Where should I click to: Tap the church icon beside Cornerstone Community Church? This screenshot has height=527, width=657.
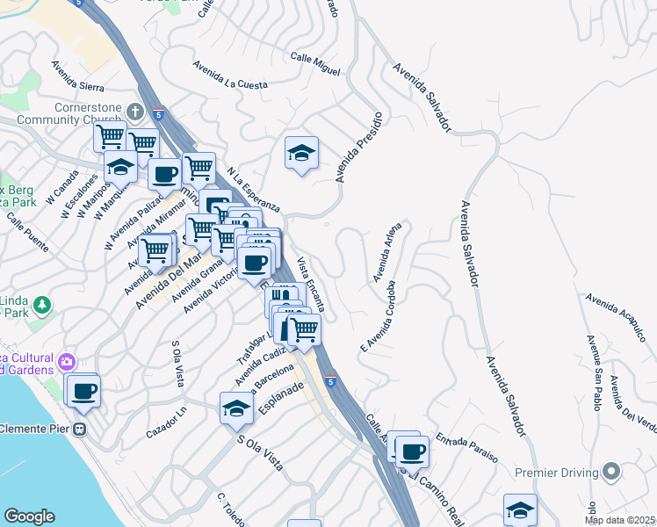click(x=134, y=112)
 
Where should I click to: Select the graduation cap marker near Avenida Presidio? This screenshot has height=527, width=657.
click(x=301, y=154)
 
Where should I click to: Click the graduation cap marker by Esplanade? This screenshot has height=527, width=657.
click(x=236, y=408)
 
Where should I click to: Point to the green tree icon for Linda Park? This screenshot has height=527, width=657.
click(x=42, y=305)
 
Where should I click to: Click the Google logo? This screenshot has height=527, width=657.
click(x=29, y=516)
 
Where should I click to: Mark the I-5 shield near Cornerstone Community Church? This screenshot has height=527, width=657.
click(x=158, y=114)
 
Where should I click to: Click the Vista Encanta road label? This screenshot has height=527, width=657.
click(x=312, y=284)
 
